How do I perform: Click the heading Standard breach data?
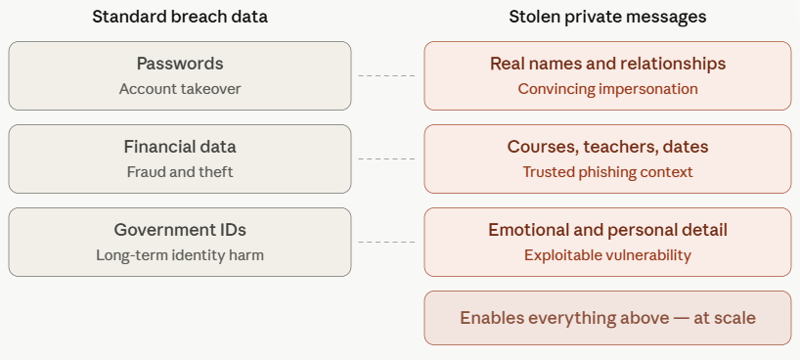[x=180, y=17]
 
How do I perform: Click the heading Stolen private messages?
[x=607, y=17]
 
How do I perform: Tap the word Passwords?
[x=180, y=64]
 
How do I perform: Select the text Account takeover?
[x=180, y=89]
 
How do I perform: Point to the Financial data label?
[x=180, y=147]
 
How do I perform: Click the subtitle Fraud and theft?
[x=180, y=172]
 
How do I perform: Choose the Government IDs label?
[x=180, y=230]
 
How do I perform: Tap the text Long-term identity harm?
[x=180, y=254]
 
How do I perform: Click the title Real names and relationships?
[x=607, y=64]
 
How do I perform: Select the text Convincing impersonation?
[x=607, y=89]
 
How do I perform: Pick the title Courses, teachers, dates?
[x=607, y=147]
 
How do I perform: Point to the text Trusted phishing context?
[x=607, y=172]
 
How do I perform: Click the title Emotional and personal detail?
[x=607, y=230]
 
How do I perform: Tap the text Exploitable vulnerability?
[x=607, y=254]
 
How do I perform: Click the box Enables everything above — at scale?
[x=607, y=318]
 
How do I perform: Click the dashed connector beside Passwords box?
[x=386, y=75]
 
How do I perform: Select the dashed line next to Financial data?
[x=386, y=158]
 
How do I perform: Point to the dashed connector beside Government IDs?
[x=386, y=242]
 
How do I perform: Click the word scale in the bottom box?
[x=734, y=318]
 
